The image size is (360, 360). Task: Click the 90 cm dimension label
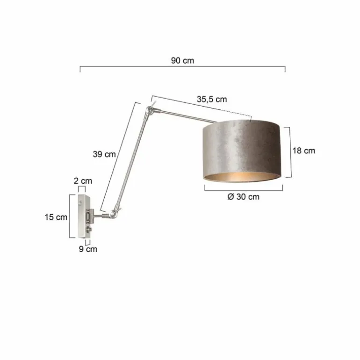point(182,61)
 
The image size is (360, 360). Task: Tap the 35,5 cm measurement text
point(211,99)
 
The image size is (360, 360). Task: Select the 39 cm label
point(104,154)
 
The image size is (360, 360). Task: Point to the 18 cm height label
point(303,151)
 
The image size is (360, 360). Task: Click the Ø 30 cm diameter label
point(243,197)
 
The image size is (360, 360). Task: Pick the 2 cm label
point(83,180)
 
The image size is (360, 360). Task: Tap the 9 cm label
point(88,249)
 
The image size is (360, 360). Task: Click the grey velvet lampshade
point(241,145)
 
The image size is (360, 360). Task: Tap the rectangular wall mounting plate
point(83,215)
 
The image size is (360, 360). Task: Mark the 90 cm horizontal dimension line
point(182,67)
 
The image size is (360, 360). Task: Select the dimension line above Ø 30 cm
point(244,188)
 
